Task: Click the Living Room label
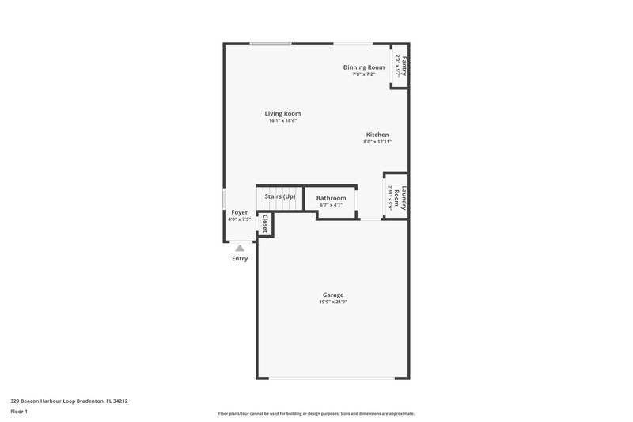point(282,113)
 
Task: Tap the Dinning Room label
point(364,67)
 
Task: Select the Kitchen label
point(377,135)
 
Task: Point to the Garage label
point(332,295)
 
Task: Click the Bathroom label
point(331,198)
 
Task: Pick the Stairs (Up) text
point(280,196)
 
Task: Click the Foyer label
point(239,212)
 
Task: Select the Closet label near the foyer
point(265,223)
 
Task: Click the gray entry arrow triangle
point(240,247)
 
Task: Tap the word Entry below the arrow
point(240,259)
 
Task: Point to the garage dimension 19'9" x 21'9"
point(332,302)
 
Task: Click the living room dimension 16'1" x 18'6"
point(282,121)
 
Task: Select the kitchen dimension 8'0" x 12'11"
point(377,142)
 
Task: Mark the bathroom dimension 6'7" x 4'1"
point(331,205)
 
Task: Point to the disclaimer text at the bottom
point(316,413)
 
